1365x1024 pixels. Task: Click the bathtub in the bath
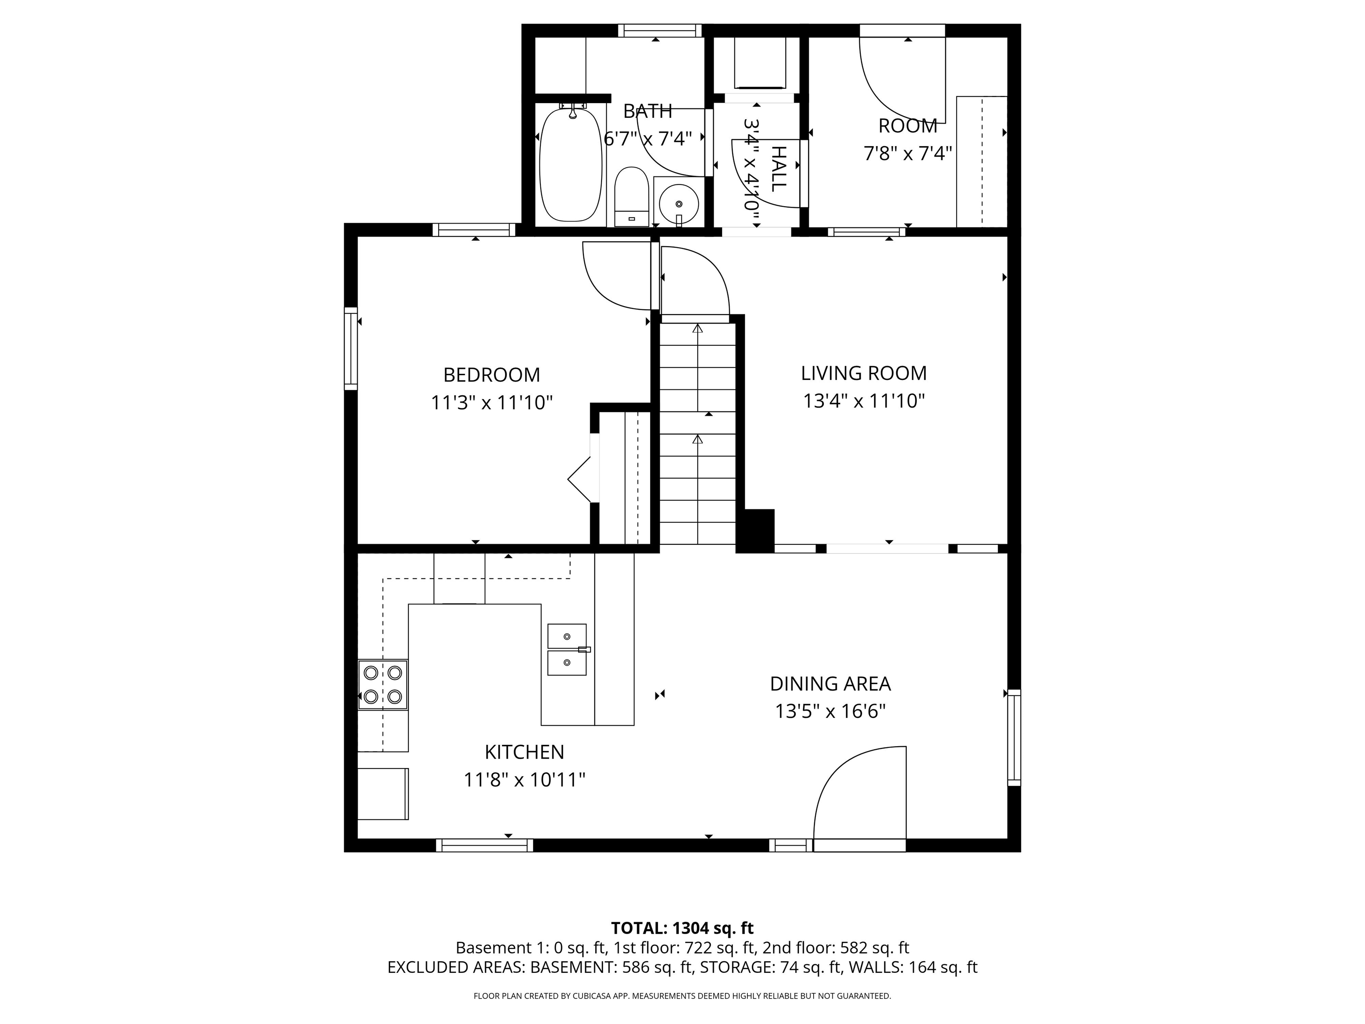[570, 165]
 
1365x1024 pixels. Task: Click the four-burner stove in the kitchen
[383, 684]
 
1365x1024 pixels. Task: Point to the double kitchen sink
[567, 649]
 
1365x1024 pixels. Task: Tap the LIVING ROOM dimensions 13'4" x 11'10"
[863, 401]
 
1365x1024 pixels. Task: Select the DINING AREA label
[830, 684]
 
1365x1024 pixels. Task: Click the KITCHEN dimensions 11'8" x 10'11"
[524, 780]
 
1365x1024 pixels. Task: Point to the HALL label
[779, 168]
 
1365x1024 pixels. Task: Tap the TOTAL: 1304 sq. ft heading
[682, 928]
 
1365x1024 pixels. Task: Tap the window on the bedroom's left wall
[351, 349]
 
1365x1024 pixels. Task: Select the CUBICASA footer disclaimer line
[682, 996]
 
